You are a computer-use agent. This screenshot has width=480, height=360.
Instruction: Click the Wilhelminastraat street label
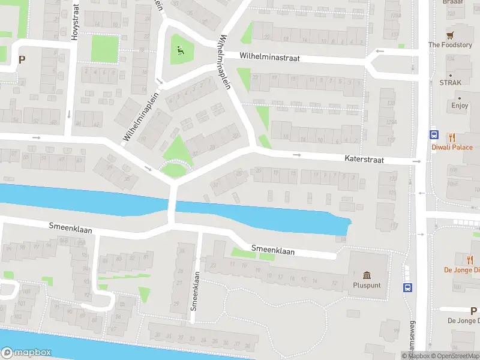[x=269, y=58]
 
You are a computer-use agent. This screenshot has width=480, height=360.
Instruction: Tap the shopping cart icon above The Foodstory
[x=450, y=34]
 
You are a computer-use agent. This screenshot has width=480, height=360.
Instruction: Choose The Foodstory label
[x=450, y=45]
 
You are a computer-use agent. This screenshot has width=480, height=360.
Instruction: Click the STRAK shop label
[x=450, y=83]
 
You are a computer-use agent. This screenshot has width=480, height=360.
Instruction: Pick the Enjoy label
[x=460, y=106]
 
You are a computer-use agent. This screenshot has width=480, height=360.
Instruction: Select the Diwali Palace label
[x=452, y=148]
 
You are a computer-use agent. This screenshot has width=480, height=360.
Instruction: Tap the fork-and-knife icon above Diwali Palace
[x=452, y=137]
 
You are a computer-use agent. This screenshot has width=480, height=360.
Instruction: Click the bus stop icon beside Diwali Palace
[x=433, y=135]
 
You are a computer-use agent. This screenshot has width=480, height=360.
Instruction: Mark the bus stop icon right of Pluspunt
[x=408, y=287]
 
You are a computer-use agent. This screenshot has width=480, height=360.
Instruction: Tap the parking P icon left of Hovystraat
[x=22, y=59]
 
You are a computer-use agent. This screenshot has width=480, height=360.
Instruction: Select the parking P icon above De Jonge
[x=473, y=310]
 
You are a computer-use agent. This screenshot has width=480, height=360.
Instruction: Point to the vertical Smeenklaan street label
[x=194, y=292]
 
